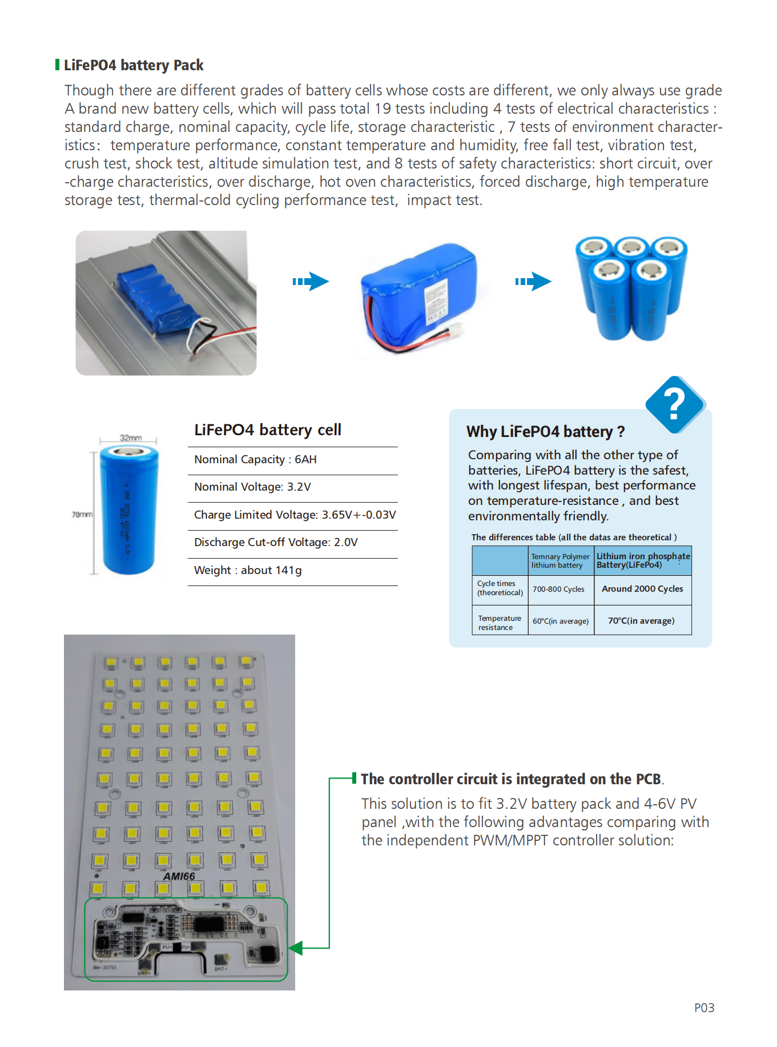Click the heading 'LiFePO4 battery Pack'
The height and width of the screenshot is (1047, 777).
(133, 65)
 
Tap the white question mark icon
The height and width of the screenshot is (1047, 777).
(674, 404)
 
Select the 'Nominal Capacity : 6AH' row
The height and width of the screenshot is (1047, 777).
(255, 460)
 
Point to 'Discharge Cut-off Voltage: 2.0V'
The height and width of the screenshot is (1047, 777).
(276, 542)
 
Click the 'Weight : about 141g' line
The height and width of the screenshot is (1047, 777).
(248, 570)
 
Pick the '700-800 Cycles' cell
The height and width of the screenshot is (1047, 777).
(558, 589)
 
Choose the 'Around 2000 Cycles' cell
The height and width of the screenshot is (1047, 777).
(642, 589)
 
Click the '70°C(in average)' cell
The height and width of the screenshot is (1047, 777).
(641, 621)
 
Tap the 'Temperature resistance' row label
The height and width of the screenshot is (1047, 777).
(500, 623)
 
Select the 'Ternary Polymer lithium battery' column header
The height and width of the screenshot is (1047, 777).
(560, 560)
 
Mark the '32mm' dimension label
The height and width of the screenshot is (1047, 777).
(131, 438)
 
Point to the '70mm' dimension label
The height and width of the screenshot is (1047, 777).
(82, 515)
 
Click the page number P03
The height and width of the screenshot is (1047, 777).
(704, 1008)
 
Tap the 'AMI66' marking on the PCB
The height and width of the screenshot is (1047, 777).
(179, 876)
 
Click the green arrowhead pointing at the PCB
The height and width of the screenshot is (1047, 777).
(296, 948)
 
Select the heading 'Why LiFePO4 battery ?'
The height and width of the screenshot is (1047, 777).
(545, 431)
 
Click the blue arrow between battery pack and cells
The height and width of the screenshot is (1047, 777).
(533, 281)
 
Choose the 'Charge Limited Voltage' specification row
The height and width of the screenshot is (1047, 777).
(295, 515)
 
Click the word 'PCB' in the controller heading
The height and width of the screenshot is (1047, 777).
(649, 779)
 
